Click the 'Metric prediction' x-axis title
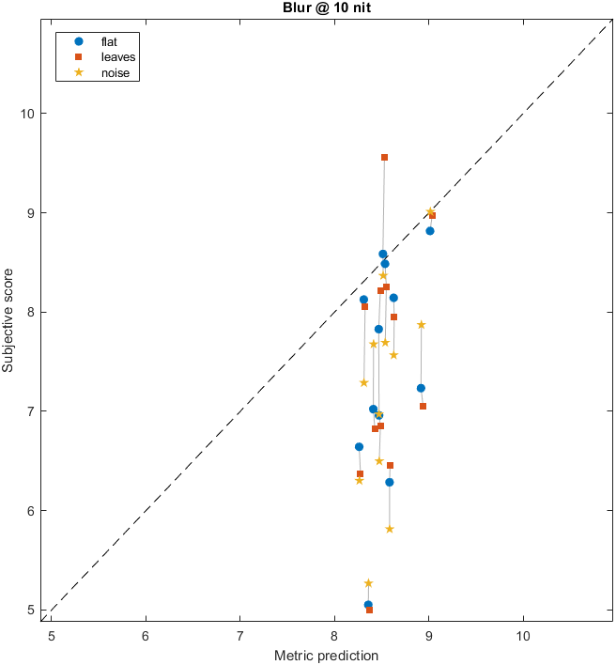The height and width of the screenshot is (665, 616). tap(326, 654)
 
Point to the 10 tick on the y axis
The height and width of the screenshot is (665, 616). tap(28, 114)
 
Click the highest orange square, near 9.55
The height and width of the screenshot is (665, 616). tap(384, 158)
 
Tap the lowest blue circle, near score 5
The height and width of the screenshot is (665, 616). tap(368, 605)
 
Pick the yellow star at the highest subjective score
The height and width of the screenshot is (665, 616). tap(429, 212)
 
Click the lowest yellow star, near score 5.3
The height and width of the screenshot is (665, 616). tap(369, 583)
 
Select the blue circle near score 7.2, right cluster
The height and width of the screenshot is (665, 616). tap(421, 388)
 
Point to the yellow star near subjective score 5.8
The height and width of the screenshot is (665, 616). tap(390, 529)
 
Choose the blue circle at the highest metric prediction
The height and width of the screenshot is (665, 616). tap(430, 231)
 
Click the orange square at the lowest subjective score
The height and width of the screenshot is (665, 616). tap(369, 610)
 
